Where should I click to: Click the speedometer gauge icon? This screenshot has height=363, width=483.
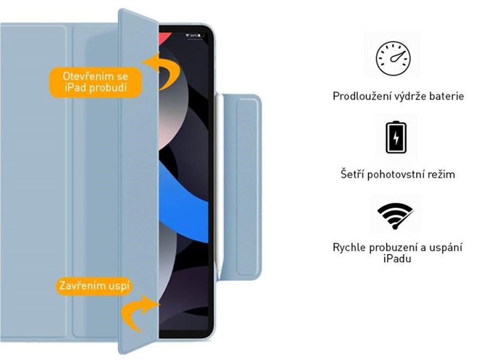coord(393,59)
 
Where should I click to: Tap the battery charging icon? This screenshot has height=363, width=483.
coord(396,137)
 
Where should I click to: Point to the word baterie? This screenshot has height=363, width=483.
coord(447,96)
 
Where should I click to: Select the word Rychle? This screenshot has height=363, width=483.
coord(350,247)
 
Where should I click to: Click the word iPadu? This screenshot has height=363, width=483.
coord(397,258)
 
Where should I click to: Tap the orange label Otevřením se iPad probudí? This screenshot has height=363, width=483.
coord(95,82)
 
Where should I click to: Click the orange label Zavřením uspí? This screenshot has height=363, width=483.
coord(94,286)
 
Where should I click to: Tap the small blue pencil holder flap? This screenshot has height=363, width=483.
coord(241,187)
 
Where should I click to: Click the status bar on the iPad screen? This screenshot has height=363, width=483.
coord(194,36)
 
